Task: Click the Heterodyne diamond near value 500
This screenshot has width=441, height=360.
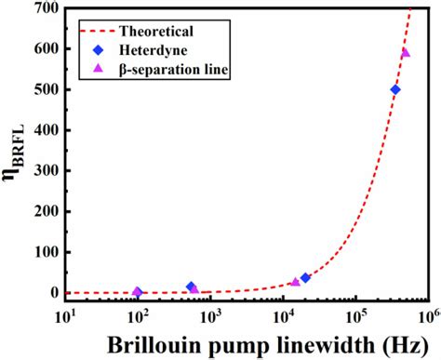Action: [x=395, y=89]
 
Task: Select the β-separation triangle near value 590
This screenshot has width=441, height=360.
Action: [x=405, y=53]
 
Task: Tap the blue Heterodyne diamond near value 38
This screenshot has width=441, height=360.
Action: [x=305, y=277]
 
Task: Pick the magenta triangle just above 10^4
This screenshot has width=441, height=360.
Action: [x=295, y=282]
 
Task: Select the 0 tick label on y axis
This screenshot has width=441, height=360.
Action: [x=52, y=293]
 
